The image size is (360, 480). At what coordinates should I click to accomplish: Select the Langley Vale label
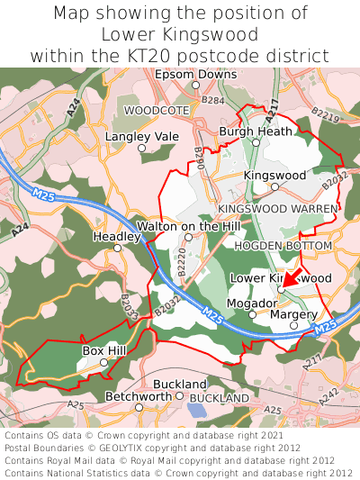tap(142, 136)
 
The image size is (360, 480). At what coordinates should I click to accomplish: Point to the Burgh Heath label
tap(256, 131)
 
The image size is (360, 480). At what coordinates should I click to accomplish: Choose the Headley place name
tap(117, 236)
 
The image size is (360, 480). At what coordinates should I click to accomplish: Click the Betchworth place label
tap(139, 396)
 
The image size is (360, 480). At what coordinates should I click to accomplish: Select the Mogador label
tap(249, 303)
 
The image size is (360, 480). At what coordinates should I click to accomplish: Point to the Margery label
tap(293, 314)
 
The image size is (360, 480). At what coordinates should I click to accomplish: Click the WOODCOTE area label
tap(157, 110)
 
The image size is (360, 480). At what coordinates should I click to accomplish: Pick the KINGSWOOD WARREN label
tap(278, 208)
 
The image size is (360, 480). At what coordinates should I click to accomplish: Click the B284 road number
tap(213, 101)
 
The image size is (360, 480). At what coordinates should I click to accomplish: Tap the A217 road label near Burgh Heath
tap(273, 107)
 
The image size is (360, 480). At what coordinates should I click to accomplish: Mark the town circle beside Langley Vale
tap(141, 148)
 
